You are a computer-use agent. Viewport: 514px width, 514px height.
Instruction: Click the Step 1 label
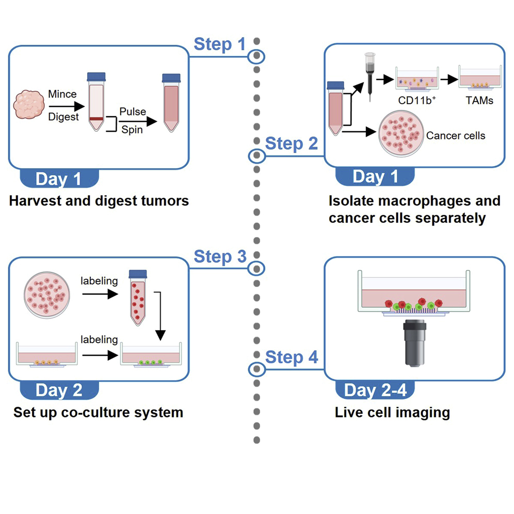click(x=219, y=44)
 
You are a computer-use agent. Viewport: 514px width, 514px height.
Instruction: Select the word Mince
click(x=62, y=94)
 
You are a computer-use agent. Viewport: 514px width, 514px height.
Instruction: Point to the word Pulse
click(x=133, y=112)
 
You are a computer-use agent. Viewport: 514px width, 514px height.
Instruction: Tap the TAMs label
click(x=478, y=100)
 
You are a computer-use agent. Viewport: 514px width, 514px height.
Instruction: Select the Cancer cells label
click(x=456, y=136)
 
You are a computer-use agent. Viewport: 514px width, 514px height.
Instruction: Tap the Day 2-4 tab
click(x=375, y=390)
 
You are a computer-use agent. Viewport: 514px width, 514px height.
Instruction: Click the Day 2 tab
click(x=59, y=390)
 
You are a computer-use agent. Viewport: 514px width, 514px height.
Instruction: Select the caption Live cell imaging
click(x=392, y=413)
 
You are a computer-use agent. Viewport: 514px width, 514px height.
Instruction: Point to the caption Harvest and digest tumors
click(x=99, y=200)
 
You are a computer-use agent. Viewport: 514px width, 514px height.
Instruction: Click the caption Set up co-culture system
click(x=98, y=412)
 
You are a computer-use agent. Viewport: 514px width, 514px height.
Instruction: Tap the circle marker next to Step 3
click(x=256, y=268)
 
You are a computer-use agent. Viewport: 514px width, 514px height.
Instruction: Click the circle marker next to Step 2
click(x=256, y=155)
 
